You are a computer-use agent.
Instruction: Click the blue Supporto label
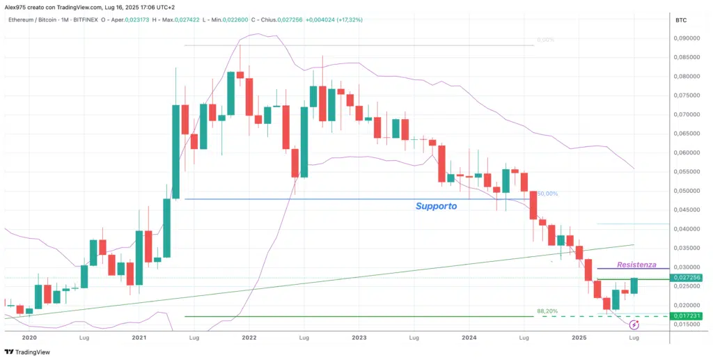coord(436,206)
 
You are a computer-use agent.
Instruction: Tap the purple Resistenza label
coord(637,265)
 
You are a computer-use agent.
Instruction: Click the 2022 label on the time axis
coord(249,337)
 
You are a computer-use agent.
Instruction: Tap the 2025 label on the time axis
coord(579,337)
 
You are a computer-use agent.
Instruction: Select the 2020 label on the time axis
coord(29,337)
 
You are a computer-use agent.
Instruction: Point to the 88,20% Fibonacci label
coord(547,311)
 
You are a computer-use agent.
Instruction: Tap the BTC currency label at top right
coord(681,21)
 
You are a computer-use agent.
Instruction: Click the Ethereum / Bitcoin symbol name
coord(34,19)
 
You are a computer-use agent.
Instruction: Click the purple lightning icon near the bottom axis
coord(634,325)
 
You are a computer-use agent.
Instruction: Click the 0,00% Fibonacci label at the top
coord(545,40)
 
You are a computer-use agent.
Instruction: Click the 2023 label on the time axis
coord(359,337)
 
